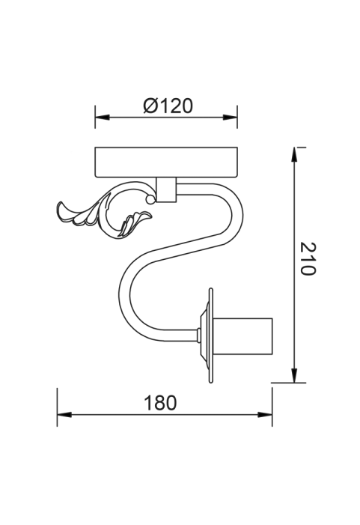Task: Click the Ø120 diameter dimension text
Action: pyautogui.click(x=168, y=106)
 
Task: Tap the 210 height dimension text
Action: pyautogui.click(x=308, y=259)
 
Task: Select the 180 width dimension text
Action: pyautogui.click(x=160, y=403)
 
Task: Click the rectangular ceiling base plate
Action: pyautogui.click(x=166, y=162)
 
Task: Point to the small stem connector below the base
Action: pyautogui.click(x=166, y=189)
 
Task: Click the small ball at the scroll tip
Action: pyautogui.click(x=150, y=200)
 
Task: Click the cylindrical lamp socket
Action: pyautogui.click(x=242, y=336)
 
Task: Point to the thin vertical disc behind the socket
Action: pyautogui.click(x=211, y=336)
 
